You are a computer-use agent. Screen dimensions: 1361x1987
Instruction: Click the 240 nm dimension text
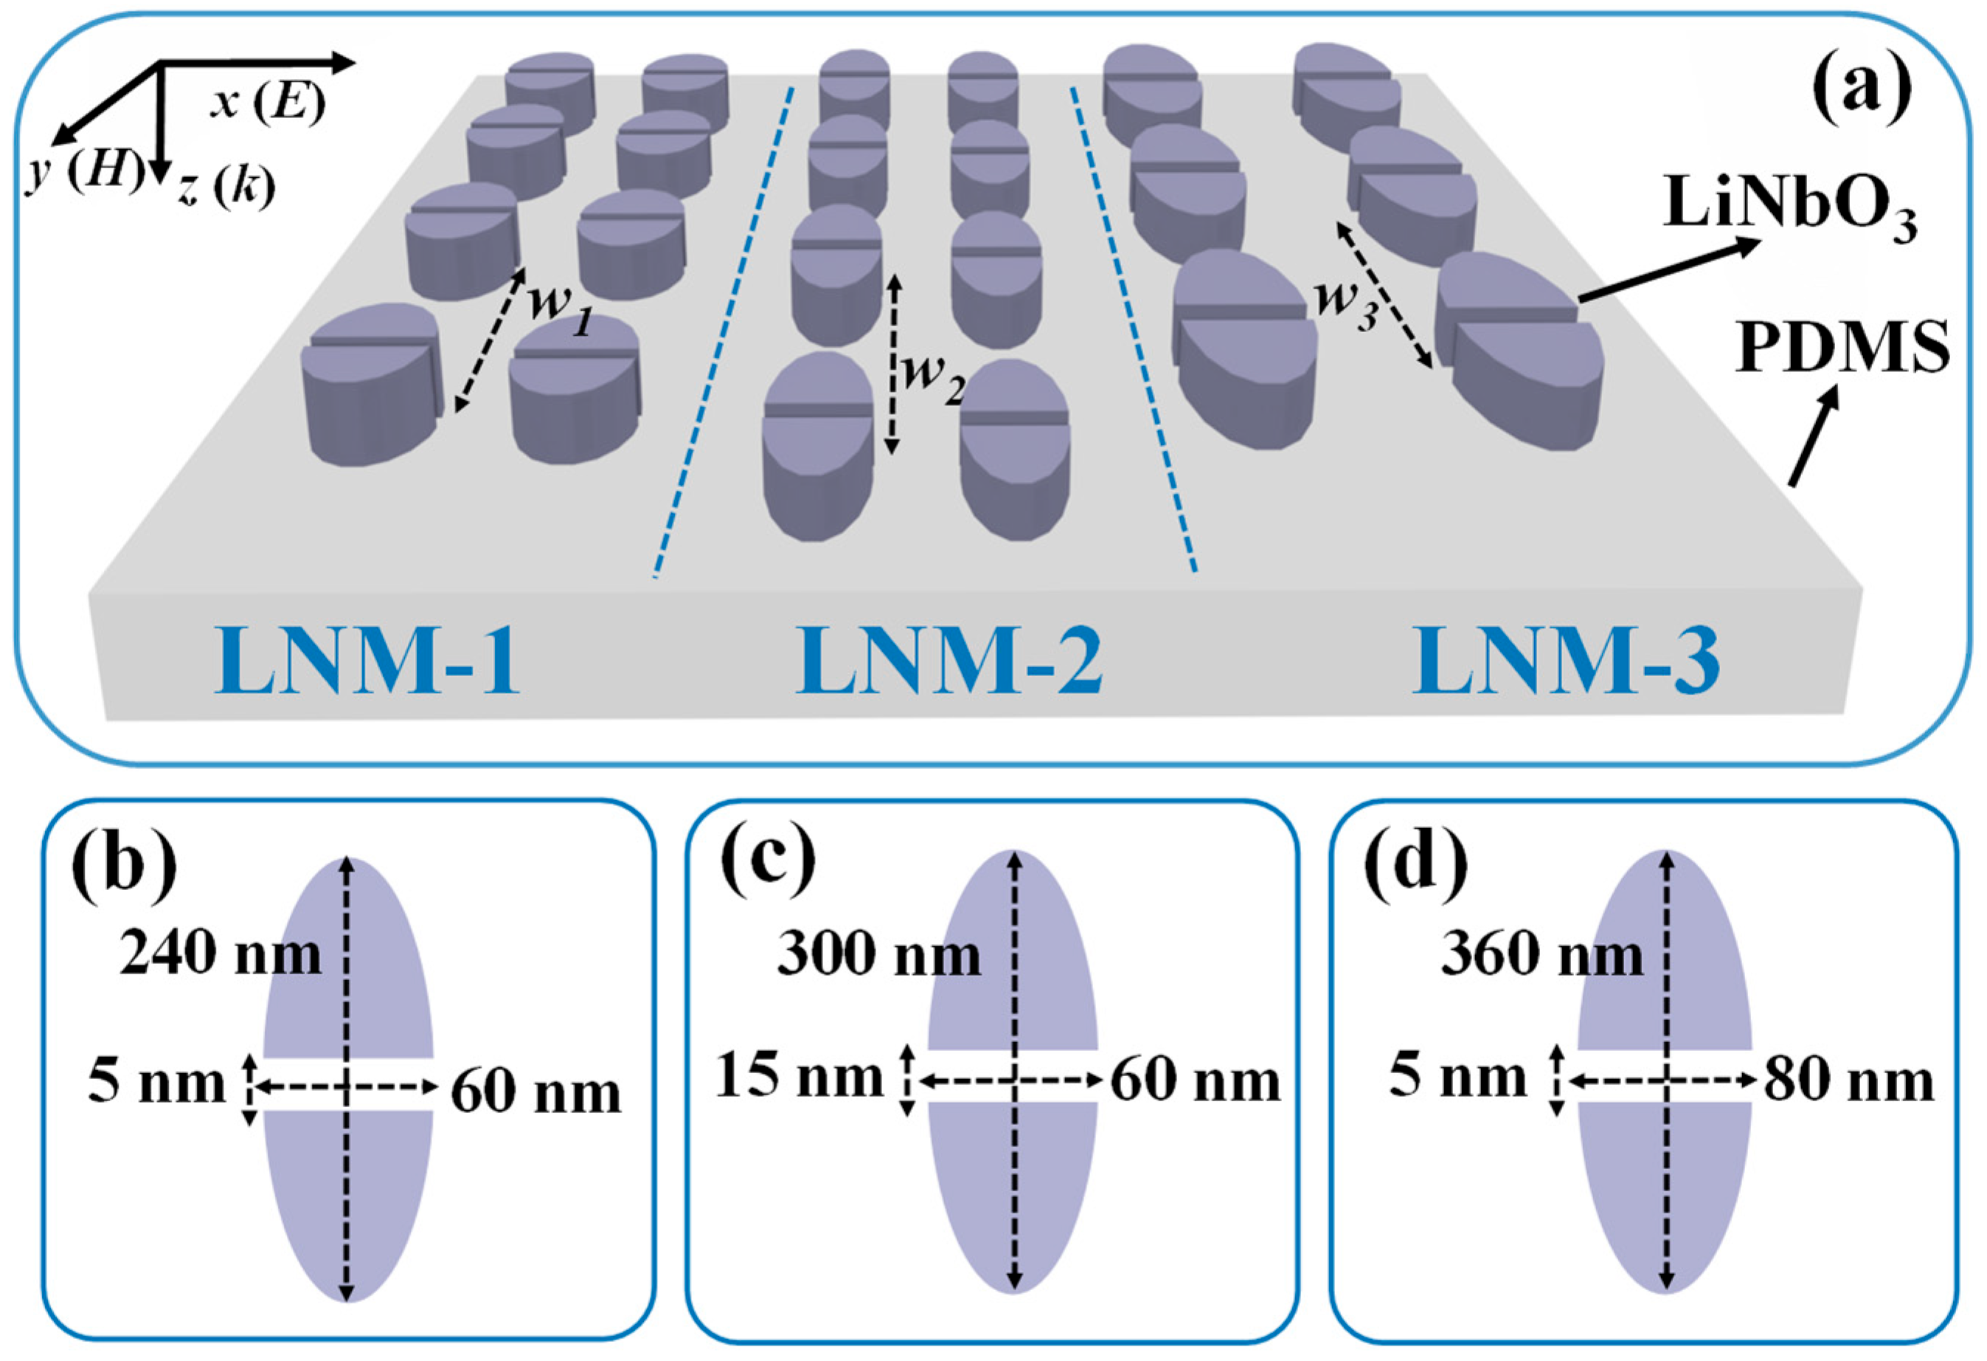pyautogui.click(x=221, y=954)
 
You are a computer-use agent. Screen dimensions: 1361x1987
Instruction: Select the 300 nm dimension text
pyautogui.click(x=879, y=954)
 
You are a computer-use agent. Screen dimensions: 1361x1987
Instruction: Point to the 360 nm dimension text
pyautogui.click(x=1542, y=954)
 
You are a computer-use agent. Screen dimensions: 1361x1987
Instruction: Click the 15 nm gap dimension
pyautogui.click(x=799, y=1076)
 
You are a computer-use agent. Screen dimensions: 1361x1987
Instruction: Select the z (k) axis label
pyautogui.click(x=227, y=189)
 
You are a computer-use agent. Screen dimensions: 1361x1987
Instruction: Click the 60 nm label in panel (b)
pyautogui.click(x=536, y=1092)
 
